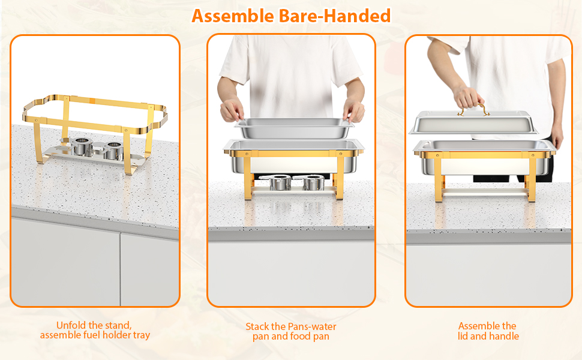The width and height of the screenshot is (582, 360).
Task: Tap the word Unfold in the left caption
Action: (71, 326)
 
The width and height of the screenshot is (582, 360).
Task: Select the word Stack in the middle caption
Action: (257, 327)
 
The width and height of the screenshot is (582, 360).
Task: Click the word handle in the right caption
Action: (505, 336)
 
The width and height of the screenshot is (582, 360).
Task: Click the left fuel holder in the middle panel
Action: (278, 182)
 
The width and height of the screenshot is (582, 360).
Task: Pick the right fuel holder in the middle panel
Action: (313, 182)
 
